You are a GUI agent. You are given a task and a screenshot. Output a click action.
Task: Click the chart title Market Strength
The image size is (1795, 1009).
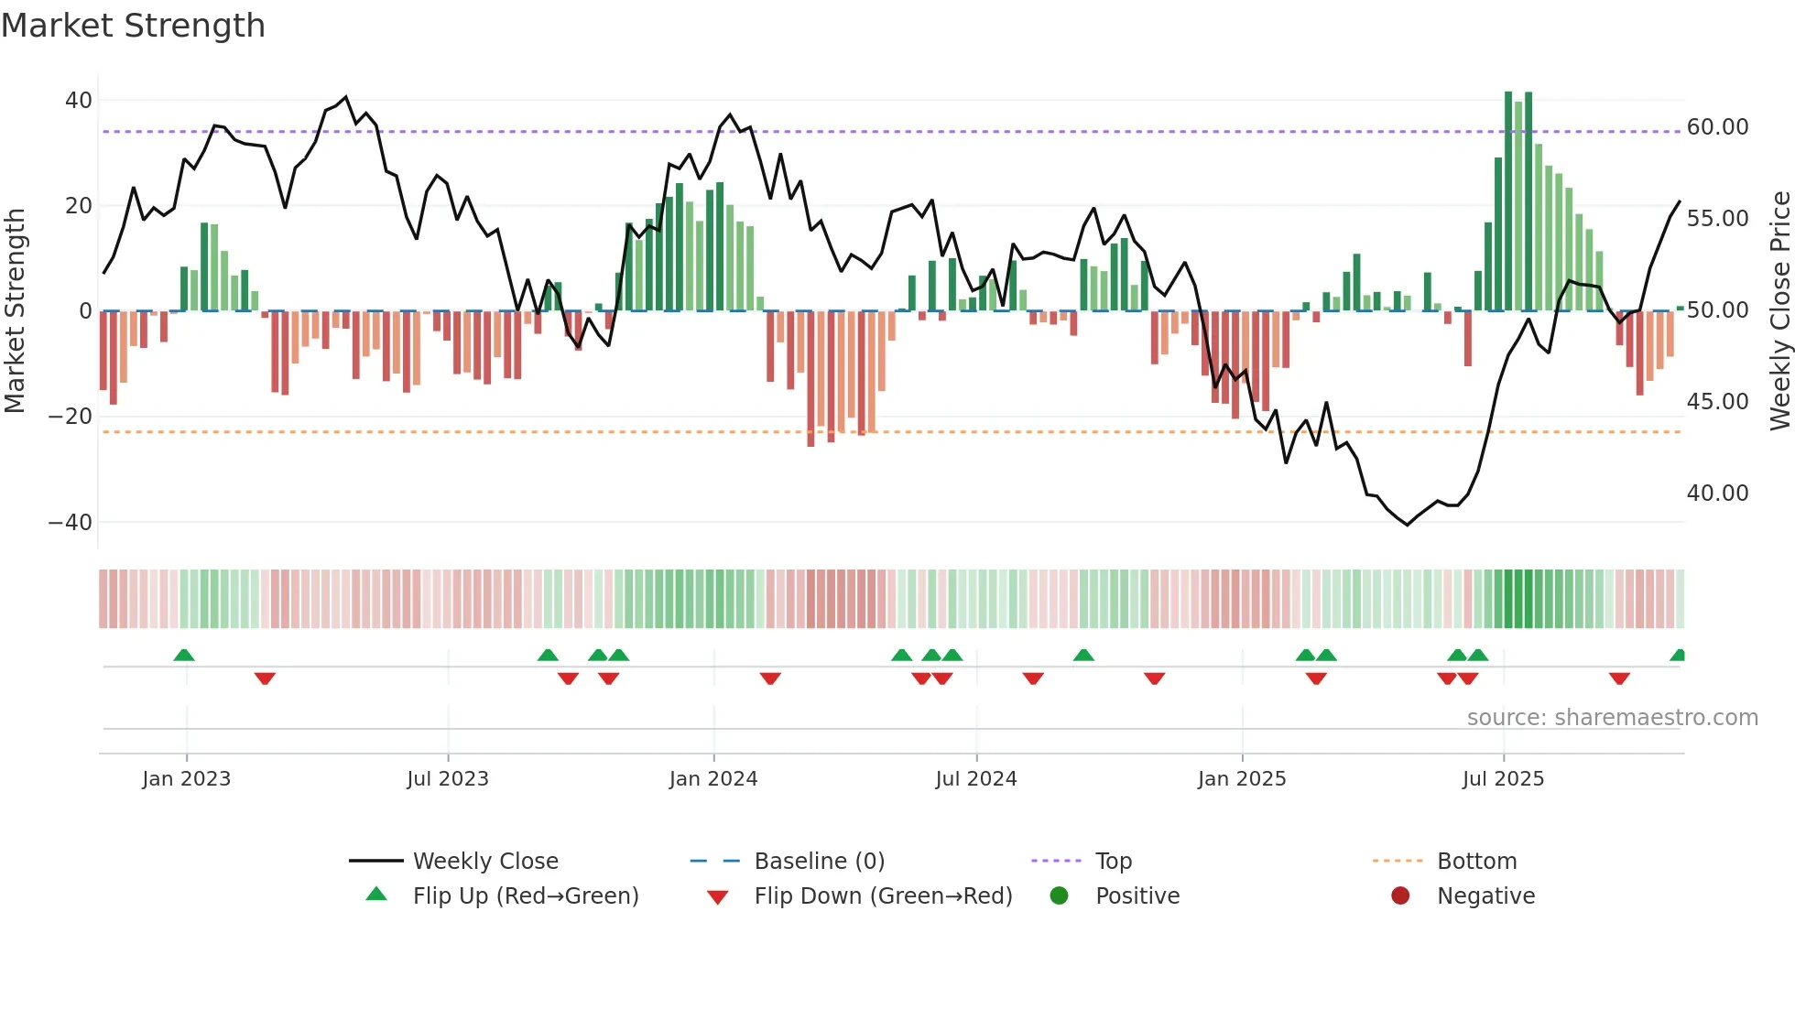point(133,26)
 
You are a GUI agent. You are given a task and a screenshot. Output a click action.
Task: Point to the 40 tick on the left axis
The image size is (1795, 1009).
point(79,100)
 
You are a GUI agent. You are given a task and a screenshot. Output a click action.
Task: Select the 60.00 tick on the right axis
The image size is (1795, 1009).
point(1717,127)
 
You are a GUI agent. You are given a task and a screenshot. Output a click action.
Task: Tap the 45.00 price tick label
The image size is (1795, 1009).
point(1717,402)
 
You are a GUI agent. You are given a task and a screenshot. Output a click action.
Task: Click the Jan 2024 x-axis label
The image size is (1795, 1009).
point(713,779)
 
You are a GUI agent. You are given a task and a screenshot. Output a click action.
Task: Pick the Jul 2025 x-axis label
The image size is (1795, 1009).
point(1502,779)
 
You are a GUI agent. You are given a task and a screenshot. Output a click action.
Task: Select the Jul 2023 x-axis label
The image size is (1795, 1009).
point(447,779)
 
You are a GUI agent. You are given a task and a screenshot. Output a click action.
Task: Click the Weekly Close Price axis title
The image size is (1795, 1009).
point(1779,311)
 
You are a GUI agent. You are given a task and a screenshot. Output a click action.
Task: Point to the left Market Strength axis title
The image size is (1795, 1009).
point(15,311)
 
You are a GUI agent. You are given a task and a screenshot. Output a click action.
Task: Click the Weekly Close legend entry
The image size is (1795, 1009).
point(484,862)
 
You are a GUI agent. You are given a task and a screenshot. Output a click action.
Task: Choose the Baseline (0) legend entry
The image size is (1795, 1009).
point(819,862)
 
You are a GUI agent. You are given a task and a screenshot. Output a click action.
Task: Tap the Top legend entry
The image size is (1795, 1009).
point(1113,862)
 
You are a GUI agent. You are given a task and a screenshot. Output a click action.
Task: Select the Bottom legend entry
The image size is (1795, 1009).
point(1476,862)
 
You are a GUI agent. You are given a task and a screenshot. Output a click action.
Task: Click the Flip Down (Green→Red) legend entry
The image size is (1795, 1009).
point(882,896)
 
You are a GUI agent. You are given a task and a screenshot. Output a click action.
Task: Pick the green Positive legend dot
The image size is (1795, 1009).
point(1059,896)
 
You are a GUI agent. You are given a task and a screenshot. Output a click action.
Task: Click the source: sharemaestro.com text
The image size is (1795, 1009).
point(1612,718)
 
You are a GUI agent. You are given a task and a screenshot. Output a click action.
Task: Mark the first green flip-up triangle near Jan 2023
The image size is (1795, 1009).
point(184,656)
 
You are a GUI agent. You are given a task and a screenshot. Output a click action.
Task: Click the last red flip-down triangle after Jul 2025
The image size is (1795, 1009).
point(1618,678)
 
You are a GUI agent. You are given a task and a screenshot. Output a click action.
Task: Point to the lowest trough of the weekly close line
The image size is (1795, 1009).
point(1408,525)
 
